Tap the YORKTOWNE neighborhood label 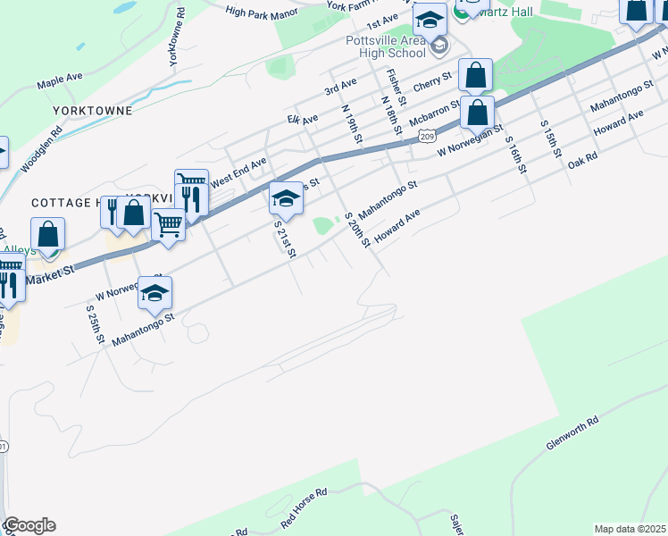click(92, 111)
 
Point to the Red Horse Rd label click(305, 506)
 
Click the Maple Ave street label click(59, 84)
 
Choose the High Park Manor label click(262, 13)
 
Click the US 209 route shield click(428, 136)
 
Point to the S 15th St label click(549, 138)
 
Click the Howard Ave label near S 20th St click(397, 225)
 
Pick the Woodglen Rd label click(42, 148)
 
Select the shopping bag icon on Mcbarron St click(478, 113)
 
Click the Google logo click(29, 525)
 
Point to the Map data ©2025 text click(630, 529)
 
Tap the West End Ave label click(238, 167)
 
